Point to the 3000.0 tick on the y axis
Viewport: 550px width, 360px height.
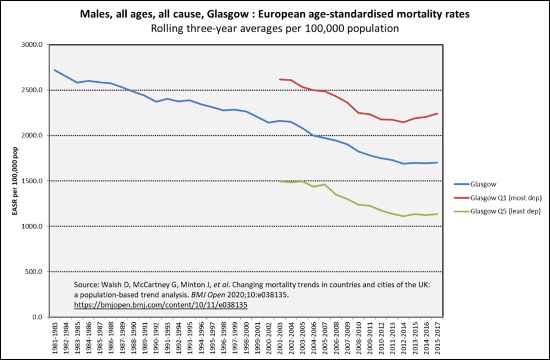point(32,45)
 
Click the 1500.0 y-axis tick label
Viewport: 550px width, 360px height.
point(32,181)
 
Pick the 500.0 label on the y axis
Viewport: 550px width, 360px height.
point(33,272)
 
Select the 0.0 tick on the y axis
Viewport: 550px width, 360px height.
point(37,317)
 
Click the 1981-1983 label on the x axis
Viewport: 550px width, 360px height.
point(54,337)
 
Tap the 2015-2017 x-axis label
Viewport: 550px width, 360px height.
point(437,337)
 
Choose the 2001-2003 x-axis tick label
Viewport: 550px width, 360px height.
point(280,337)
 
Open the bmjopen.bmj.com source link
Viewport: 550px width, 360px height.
point(161,304)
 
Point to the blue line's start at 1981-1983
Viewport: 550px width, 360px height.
point(54,70)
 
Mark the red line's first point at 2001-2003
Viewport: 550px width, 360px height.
point(280,79)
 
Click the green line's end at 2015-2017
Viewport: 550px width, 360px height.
point(437,214)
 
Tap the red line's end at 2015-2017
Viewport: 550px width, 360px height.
point(437,114)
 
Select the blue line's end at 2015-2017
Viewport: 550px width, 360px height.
point(437,163)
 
